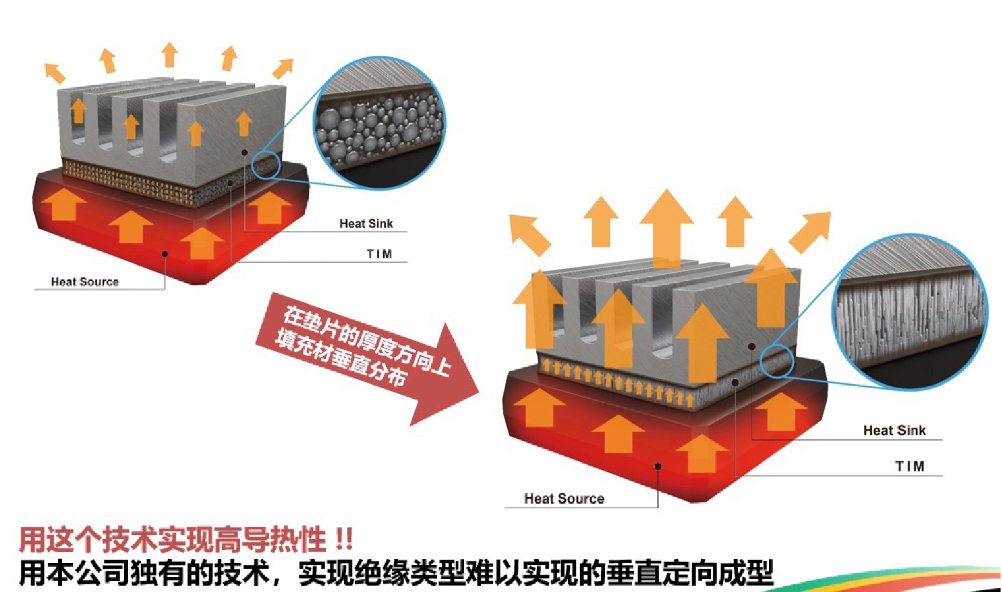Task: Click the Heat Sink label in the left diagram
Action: tap(366, 223)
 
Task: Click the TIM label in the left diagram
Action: tap(379, 254)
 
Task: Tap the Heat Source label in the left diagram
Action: tap(85, 281)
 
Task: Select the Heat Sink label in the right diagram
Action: tap(894, 431)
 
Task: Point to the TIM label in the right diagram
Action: tap(909, 466)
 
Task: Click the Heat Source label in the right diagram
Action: tap(564, 498)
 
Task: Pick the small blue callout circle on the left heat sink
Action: tap(265, 166)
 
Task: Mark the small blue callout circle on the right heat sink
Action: tap(776, 362)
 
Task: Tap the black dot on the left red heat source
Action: tap(165, 254)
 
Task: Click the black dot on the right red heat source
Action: tap(658, 466)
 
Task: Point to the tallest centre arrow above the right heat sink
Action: tap(666, 226)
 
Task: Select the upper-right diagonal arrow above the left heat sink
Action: tap(283, 68)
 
